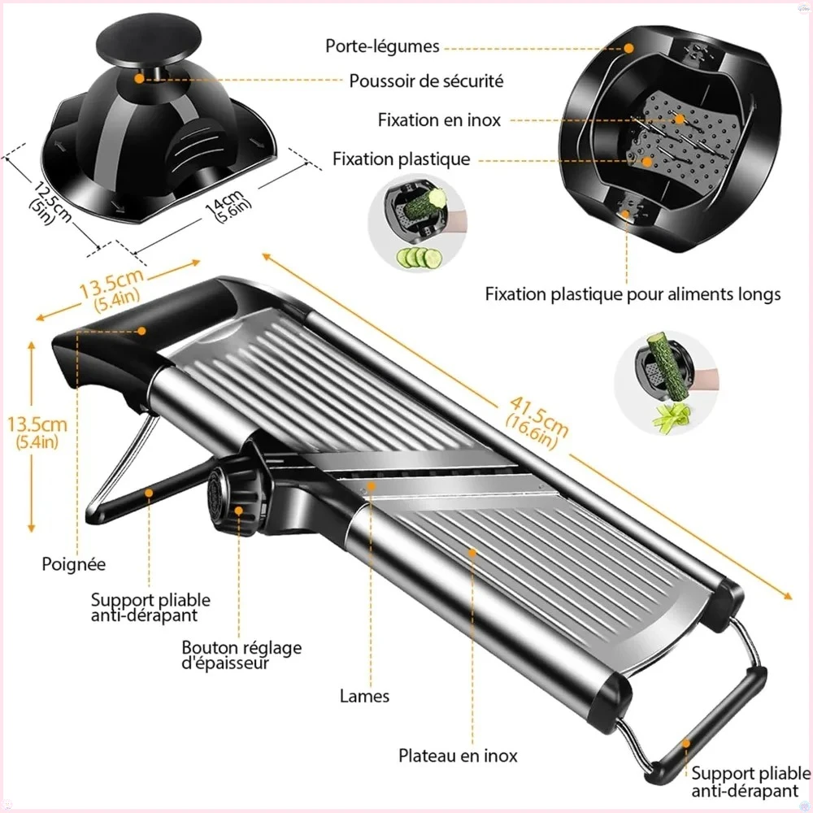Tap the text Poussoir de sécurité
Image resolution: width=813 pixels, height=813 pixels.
pos(426,81)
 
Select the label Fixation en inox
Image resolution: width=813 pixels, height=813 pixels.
pos(439,120)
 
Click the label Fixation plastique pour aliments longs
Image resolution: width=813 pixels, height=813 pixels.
pos(633,293)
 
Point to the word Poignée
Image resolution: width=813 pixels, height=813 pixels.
pos(74,563)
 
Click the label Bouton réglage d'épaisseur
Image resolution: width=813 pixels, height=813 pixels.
pos(241,655)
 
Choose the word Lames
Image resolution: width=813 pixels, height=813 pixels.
pos(365,696)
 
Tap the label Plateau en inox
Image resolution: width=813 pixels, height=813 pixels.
pos(458,756)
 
